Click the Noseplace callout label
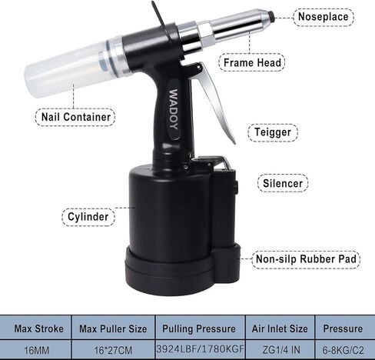tap(326, 15)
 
